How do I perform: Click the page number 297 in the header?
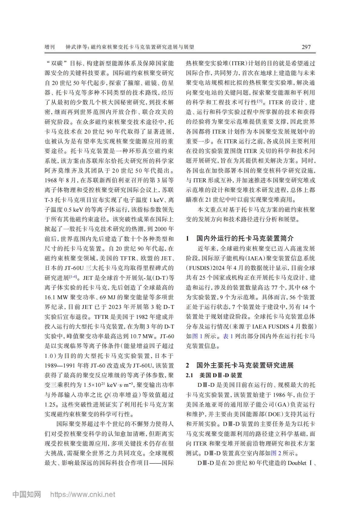coord(306,47)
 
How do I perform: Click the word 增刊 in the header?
coord(50,47)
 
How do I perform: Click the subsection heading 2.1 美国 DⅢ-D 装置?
coord(214,375)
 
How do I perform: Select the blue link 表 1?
coord(228,336)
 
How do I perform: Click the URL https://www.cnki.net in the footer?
coord(82,494)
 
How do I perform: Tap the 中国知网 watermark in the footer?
coord(27,494)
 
